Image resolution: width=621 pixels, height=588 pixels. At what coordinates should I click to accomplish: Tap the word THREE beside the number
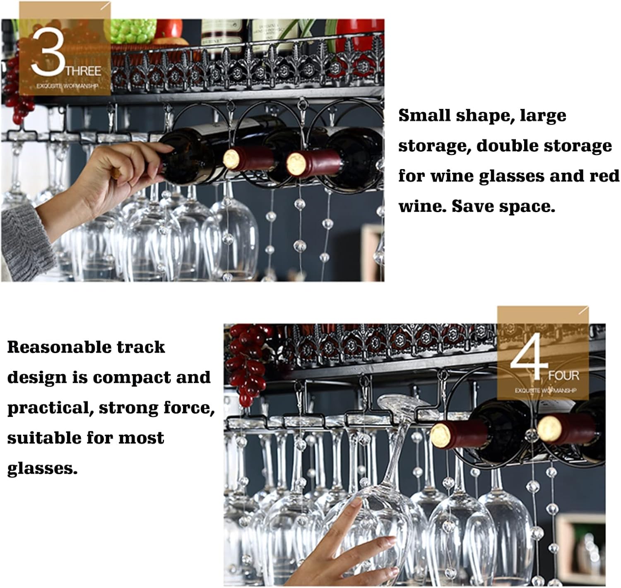[x=83, y=71]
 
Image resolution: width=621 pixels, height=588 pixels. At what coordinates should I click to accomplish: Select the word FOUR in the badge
[x=563, y=376]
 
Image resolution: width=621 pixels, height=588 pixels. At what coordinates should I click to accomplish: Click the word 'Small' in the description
[x=424, y=116]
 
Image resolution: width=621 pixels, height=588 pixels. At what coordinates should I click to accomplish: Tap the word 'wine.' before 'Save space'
[x=422, y=206]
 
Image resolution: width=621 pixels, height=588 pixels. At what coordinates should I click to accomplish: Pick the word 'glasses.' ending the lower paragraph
[x=42, y=468]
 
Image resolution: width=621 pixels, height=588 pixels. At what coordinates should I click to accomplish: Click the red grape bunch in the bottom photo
[x=248, y=365]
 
